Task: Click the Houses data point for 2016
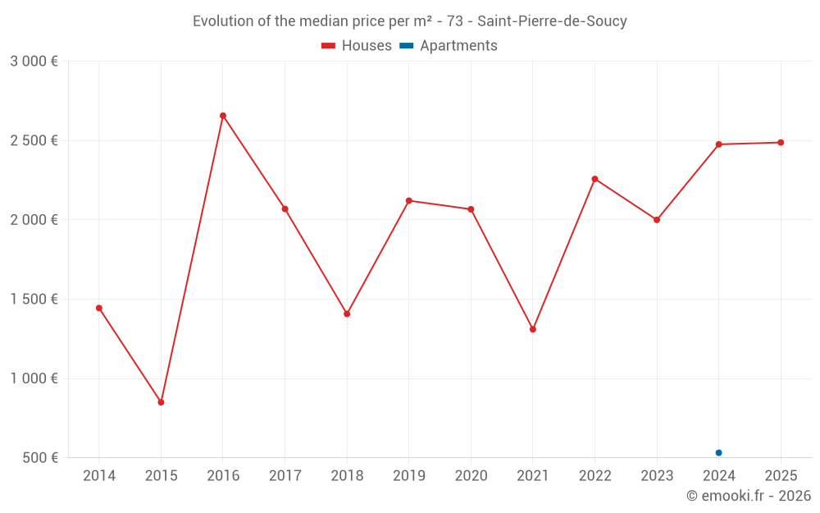(x=223, y=116)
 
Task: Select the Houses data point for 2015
(x=161, y=402)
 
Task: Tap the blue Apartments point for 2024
(x=718, y=453)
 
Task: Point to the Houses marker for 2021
(x=533, y=329)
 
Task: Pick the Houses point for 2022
(x=594, y=179)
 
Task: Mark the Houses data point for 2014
(x=99, y=308)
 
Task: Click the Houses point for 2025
(x=781, y=143)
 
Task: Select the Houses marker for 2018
(x=347, y=314)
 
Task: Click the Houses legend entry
(x=357, y=46)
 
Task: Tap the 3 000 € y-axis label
(x=34, y=62)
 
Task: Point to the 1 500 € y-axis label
(x=34, y=300)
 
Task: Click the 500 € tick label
(x=40, y=458)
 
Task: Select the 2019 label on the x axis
(x=408, y=476)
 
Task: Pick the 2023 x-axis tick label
(x=657, y=476)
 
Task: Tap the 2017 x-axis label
(x=285, y=476)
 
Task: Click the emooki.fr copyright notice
(x=749, y=496)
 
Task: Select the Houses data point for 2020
(x=471, y=209)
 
